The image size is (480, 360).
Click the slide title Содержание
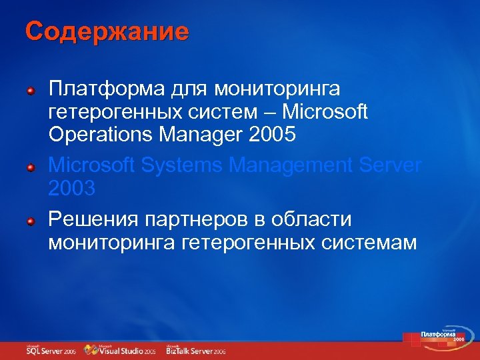coord(107,31)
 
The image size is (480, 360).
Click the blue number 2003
coord(72,189)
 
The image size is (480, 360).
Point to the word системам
coord(366,243)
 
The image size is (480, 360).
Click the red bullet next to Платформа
coord(31,90)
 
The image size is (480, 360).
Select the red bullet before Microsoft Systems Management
coord(31,167)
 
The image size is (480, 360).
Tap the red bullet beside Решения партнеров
coord(31,221)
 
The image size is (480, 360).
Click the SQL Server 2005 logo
coord(51,350)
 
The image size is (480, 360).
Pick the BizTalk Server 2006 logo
coord(196,350)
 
